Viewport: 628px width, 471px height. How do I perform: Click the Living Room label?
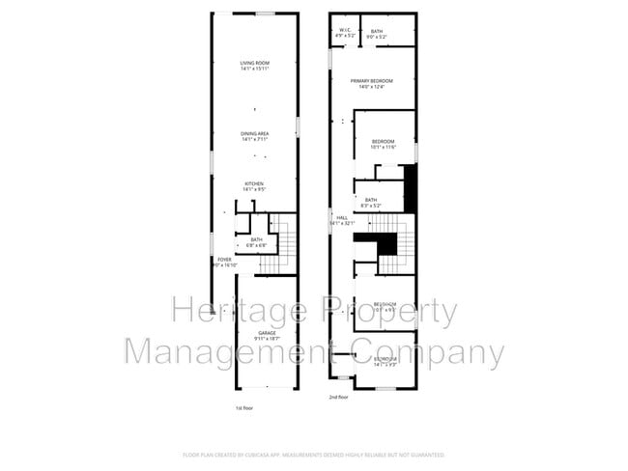[254, 64]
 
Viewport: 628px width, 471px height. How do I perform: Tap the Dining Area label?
[255, 133]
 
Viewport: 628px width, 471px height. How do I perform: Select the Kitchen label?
[254, 183]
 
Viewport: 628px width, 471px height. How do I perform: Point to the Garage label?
[267, 333]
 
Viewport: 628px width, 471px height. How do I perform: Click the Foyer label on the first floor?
[224, 260]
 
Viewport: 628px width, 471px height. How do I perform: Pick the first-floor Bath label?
[256, 239]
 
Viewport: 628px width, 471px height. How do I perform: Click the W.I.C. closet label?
[344, 30]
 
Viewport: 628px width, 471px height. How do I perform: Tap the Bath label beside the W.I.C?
[377, 32]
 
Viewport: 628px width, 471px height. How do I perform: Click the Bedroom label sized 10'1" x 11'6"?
[385, 142]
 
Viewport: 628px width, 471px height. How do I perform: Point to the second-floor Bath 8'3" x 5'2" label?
[371, 200]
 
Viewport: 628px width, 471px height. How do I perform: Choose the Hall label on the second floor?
[342, 218]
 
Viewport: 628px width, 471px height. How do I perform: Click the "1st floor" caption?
[245, 408]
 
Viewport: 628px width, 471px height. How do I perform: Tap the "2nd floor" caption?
[338, 397]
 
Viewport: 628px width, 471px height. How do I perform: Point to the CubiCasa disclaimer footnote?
[313, 454]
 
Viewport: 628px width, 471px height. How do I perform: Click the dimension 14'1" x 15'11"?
[254, 69]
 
